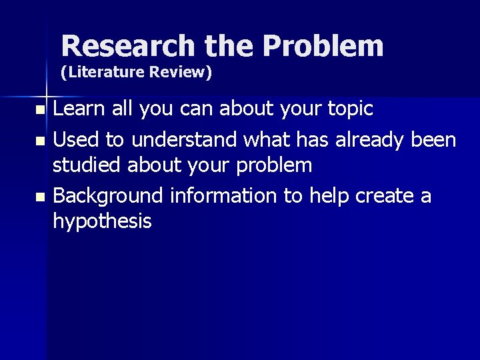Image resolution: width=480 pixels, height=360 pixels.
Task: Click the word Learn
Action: coord(77,109)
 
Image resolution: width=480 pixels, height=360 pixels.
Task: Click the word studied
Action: coord(87,165)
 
